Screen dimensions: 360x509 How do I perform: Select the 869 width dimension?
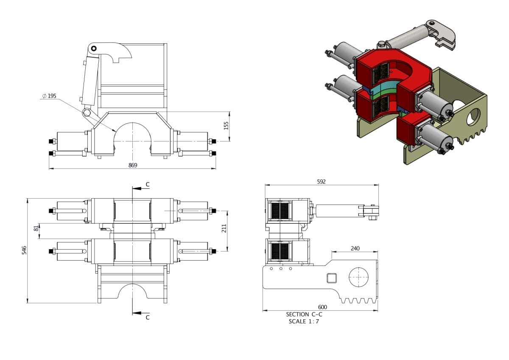[133, 165]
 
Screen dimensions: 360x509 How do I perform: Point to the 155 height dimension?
[226, 126]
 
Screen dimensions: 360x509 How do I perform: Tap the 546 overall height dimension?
[24, 250]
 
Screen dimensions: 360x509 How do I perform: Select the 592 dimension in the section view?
[321, 181]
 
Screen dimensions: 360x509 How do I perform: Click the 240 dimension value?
[355, 248]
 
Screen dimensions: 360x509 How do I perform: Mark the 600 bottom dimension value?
[322, 307]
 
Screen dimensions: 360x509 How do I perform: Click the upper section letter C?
[147, 184]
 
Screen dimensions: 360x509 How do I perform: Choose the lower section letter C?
[147, 317]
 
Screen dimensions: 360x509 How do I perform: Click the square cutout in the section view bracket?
[331, 278]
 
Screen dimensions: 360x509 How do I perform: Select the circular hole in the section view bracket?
[359, 278]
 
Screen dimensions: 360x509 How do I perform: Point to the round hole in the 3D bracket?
[473, 116]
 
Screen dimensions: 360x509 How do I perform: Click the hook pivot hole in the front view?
[94, 48]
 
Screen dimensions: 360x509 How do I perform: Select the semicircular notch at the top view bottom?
[133, 292]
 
